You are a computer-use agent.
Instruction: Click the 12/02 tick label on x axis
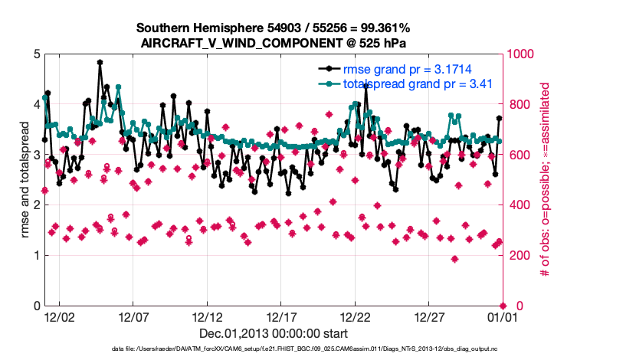point(60,316)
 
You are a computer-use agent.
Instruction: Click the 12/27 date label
point(429,316)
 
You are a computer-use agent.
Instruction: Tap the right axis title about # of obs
point(545,180)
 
